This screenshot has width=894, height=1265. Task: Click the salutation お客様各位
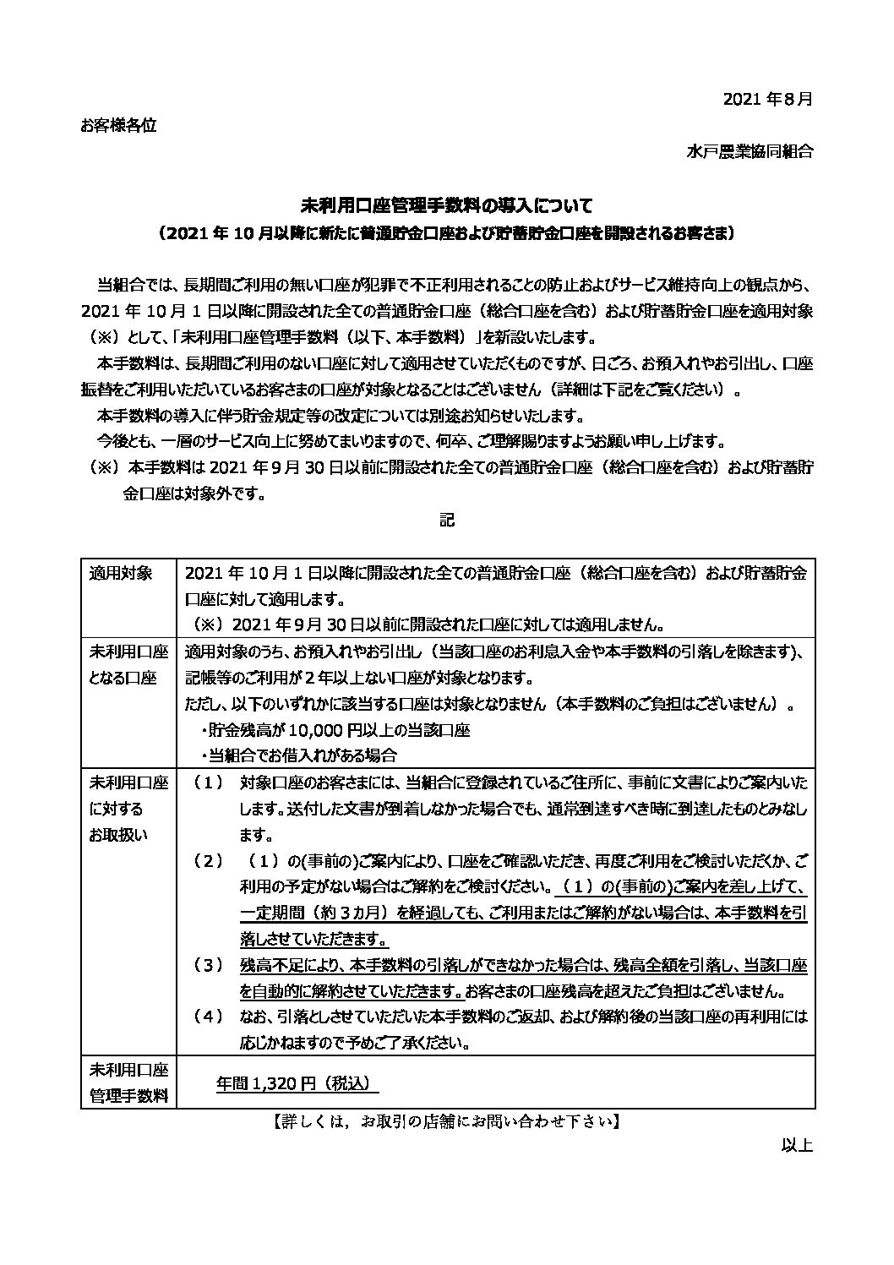point(118,125)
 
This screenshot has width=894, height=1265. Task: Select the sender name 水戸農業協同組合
point(750,152)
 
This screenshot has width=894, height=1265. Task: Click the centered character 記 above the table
point(447,520)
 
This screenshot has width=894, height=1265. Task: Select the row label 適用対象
point(121,574)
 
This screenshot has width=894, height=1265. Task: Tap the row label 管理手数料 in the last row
point(128,1097)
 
